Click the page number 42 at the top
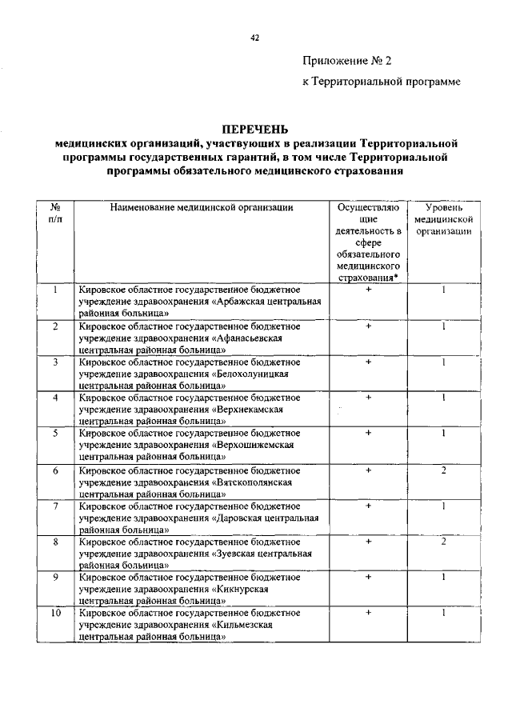coord(256,36)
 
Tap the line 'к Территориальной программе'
coord(381,83)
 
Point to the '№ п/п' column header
coord(54,213)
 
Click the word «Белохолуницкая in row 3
coord(250,374)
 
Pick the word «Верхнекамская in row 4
coord(246,409)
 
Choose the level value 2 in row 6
coord(442,470)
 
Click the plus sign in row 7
coord(368,506)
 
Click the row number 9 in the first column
coord(54,576)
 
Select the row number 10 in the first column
coord(54,613)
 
